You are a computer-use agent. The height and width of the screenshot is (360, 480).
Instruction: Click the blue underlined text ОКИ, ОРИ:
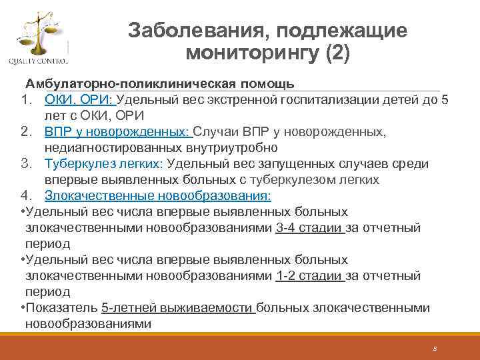[80, 100]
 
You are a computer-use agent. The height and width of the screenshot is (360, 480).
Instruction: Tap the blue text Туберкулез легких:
[103, 164]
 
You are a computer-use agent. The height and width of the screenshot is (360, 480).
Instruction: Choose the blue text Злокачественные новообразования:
[158, 196]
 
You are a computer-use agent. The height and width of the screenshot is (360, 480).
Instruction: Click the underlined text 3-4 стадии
[309, 228]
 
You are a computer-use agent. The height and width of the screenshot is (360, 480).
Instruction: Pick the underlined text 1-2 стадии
[309, 276]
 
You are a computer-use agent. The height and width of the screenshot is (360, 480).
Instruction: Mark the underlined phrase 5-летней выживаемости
[177, 308]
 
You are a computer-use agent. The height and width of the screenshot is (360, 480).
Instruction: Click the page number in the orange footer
[434, 349]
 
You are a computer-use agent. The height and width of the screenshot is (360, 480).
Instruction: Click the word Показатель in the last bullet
[63, 308]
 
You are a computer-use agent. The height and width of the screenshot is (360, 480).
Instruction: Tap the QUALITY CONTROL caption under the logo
[37, 62]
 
